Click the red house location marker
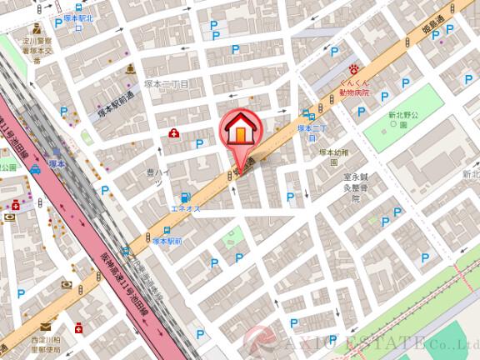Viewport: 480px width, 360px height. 240,132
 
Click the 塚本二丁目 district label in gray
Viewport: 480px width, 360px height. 167,83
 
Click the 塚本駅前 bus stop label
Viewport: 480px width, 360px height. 167,240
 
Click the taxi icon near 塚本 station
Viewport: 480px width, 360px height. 35,170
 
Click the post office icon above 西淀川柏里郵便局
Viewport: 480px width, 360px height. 79,327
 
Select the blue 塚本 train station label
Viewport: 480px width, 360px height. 57,163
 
